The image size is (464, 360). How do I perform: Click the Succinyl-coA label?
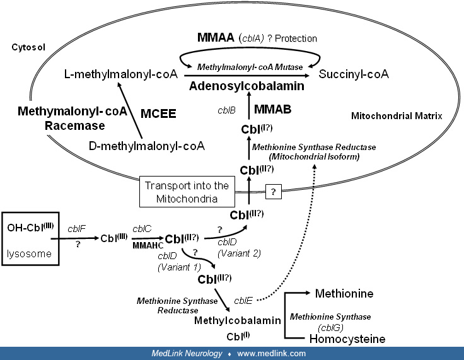[354, 74]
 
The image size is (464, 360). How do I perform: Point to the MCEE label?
[158, 114]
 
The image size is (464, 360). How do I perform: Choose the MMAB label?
[272, 110]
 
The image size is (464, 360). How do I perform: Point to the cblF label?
[76, 229]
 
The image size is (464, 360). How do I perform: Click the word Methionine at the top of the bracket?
[344, 294]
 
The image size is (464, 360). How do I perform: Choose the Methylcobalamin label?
[237, 321]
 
